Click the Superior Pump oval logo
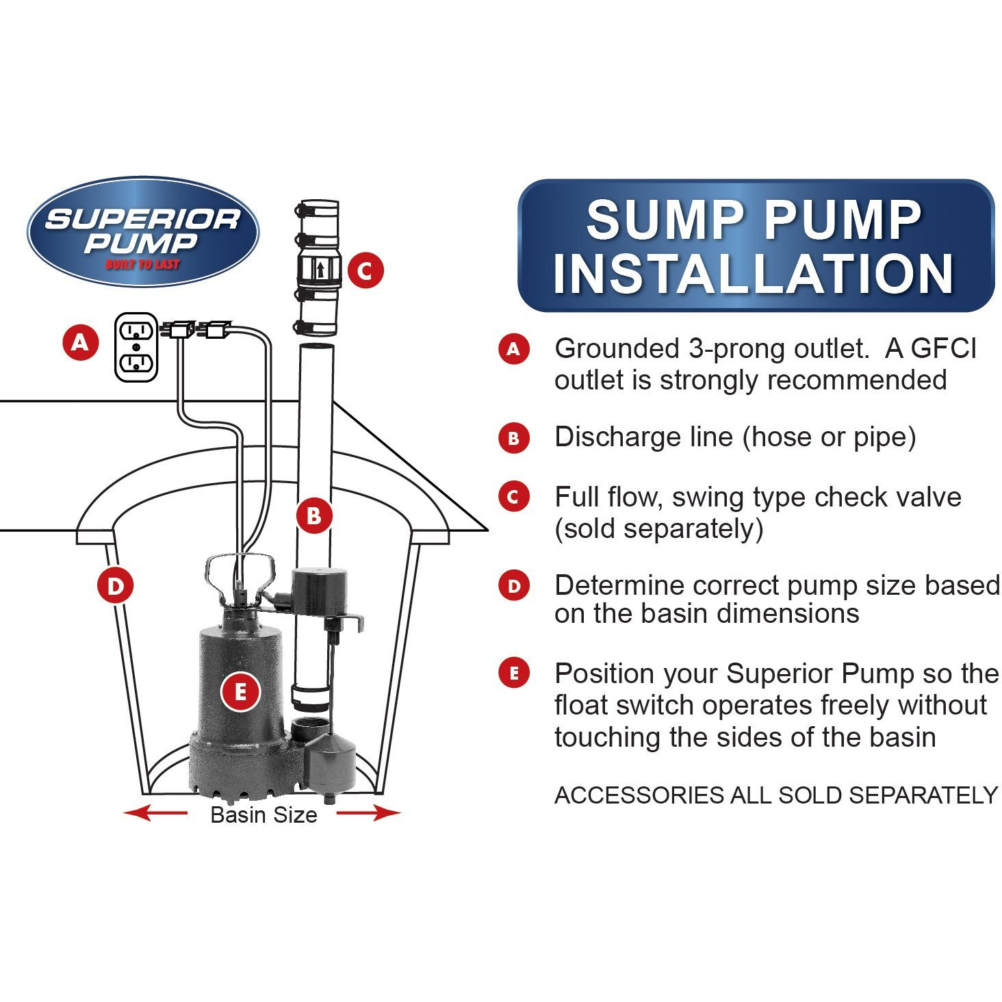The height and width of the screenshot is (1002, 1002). tap(142, 232)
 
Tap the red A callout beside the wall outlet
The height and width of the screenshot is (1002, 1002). tap(81, 343)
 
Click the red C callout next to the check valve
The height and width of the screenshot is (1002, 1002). tap(365, 270)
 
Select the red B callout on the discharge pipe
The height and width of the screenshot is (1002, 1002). tap(314, 515)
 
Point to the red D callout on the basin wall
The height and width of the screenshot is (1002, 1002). tap(116, 585)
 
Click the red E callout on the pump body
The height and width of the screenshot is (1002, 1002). tap(240, 692)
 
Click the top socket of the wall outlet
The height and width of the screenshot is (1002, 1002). tap(136, 330)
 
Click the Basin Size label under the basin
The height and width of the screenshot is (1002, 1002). tap(264, 814)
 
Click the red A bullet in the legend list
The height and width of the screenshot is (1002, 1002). tap(514, 348)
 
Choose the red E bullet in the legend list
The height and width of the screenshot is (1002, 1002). tap(514, 673)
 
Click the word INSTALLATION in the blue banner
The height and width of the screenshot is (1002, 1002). tap(754, 274)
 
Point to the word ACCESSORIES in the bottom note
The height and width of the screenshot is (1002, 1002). tap(639, 795)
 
